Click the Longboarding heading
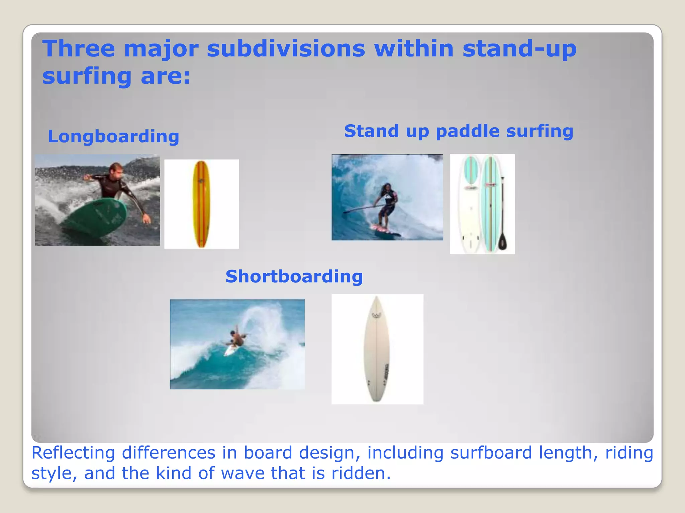pos(113,137)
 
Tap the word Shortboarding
pos(294,277)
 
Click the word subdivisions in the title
pos(286,49)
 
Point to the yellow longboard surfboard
pos(201,204)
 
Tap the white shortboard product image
pos(377,349)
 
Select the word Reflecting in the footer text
pos(73,453)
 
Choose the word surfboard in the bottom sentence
pos(491,453)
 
